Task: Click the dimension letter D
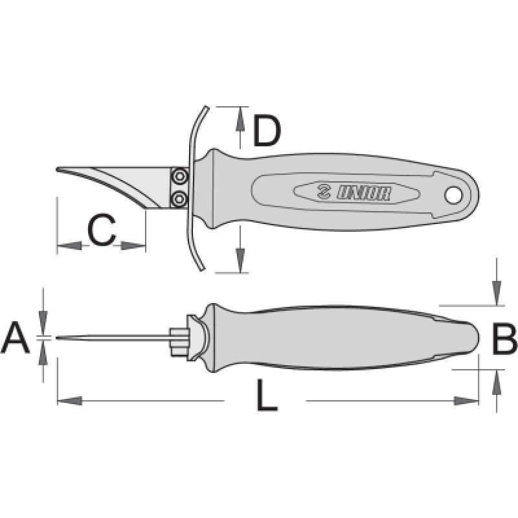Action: pos(267,131)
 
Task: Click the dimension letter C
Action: pos(102,230)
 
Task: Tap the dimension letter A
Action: pos(16,338)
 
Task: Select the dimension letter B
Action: pos(504,339)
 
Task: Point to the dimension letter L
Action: pos(267,395)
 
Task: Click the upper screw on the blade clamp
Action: pos(180,176)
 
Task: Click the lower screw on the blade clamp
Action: pos(180,199)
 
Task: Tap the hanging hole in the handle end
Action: pos(452,196)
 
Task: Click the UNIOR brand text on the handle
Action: pos(363,192)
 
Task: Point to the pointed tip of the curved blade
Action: pos(57,169)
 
